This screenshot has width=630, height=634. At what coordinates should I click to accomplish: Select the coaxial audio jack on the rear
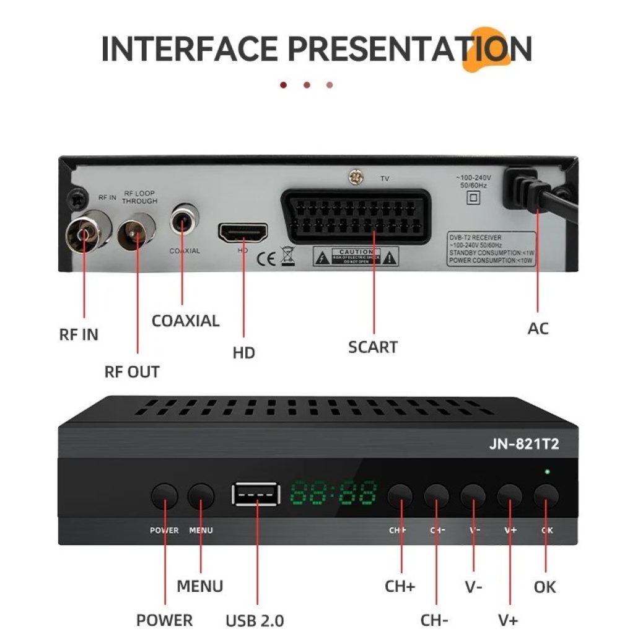click(x=183, y=220)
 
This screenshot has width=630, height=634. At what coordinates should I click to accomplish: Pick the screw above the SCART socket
click(x=356, y=178)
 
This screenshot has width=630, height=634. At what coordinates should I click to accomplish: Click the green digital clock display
click(x=334, y=493)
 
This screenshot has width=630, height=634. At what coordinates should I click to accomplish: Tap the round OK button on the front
click(x=546, y=495)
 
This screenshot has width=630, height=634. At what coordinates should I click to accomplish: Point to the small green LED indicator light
click(x=547, y=472)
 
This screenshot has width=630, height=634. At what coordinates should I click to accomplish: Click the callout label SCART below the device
click(x=372, y=347)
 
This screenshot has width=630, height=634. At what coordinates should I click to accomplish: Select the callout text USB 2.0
click(x=255, y=620)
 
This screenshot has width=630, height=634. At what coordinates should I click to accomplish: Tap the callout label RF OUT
click(x=131, y=372)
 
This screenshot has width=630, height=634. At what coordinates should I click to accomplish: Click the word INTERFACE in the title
click(x=190, y=48)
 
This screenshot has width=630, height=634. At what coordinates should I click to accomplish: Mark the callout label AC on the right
click(x=538, y=328)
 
